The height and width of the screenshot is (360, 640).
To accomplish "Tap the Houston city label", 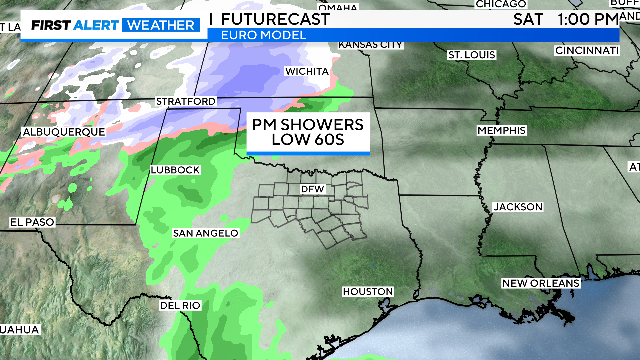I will (367, 291).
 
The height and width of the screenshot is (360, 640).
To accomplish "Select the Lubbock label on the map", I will (174, 170).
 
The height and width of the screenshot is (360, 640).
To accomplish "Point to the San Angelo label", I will (205, 233).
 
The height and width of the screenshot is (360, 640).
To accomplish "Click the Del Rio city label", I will (180, 305).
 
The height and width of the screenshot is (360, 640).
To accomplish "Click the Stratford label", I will (186, 102).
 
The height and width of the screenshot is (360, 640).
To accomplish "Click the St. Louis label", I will (471, 53).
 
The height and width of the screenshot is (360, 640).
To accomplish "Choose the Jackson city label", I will (518, 207).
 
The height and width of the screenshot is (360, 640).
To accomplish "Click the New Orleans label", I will (540, 284).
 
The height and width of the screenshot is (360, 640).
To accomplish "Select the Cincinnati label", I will (587, 49).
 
